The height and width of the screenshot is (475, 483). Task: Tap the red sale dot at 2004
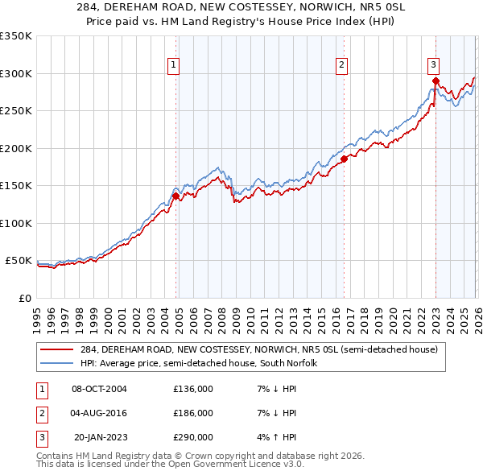coord(175,196)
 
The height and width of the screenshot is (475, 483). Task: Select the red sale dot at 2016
coord(344,159)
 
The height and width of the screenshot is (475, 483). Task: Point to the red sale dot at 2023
coord(436,81)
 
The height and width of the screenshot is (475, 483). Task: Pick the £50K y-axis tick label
coord(19,261)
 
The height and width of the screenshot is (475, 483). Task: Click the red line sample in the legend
coord(57,349)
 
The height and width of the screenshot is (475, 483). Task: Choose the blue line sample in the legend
coord(57,363)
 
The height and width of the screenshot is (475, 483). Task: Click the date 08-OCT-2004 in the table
coord(99,389)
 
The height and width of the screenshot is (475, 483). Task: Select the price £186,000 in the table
coord(193,413)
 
